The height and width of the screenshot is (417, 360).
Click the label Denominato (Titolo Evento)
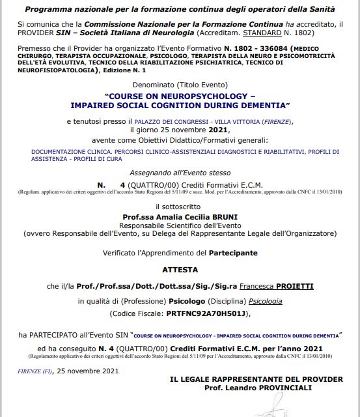pyautogui.click(x=179, y=85)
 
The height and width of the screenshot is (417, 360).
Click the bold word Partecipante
pyautogui.click(x=232, y=252)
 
